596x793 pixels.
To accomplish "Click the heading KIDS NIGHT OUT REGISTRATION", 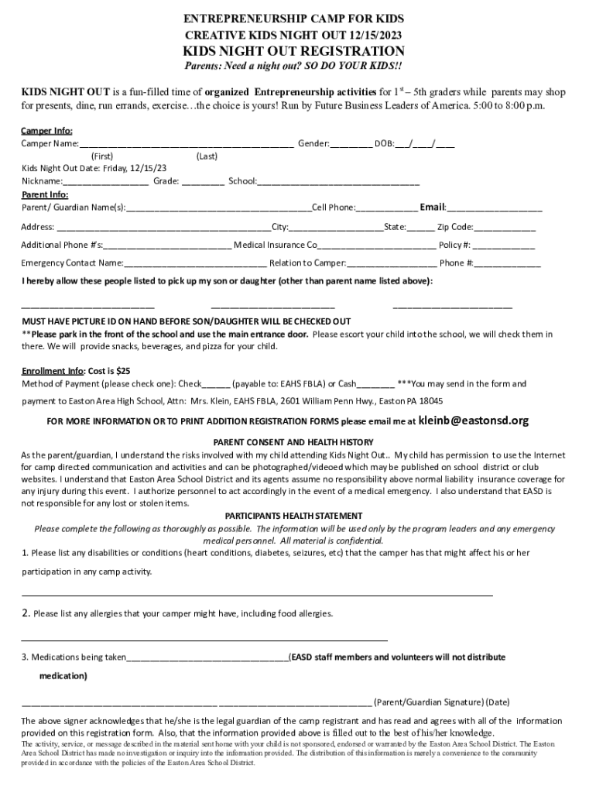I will (293, 51).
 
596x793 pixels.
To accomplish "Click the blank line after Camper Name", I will (186, 145).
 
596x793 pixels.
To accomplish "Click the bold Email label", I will (433, 207).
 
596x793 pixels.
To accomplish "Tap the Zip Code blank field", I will (505, 228).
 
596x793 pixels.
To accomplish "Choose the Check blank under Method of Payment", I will (218, 385).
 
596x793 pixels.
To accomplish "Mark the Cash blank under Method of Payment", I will (375, 385).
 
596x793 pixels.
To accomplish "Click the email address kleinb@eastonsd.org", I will (473, 421).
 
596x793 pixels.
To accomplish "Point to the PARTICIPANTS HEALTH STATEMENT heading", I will (293, 516).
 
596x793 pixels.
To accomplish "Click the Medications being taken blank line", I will (207, 659).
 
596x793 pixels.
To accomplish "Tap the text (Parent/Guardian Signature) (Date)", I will (441, 702).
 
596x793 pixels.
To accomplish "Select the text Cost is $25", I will (108, 370).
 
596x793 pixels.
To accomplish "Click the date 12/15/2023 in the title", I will (375, 36).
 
